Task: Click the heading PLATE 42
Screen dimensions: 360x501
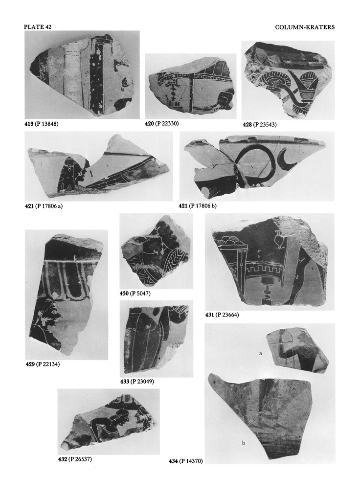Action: point(38,27)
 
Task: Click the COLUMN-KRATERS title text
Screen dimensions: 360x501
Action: point(305,27)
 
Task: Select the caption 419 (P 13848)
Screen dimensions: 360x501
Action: point(42,124)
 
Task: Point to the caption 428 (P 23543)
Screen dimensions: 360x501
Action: point(260,125)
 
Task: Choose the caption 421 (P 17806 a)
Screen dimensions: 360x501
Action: point(44,206)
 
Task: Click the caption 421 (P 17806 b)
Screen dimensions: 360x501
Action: point(198,206)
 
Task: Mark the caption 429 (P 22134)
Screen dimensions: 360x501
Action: point(43,364)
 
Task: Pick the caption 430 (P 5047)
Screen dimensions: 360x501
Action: point(135,294)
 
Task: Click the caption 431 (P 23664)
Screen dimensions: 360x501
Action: point(222,315)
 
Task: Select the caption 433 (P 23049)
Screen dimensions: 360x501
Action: point(137,382)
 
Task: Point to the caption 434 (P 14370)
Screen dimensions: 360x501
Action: point(186,461)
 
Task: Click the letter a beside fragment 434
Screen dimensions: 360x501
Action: point(261,353)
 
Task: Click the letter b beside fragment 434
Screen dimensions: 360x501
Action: point(244,443)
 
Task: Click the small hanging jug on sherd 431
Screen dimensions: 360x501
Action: point(277,240)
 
